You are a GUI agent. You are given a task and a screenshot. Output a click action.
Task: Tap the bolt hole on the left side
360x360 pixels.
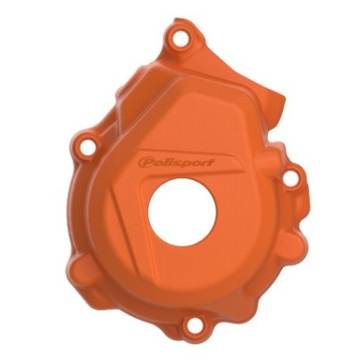pyautogui.click(x=88, y=147)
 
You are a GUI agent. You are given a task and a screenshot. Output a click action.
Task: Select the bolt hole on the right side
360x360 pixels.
pyautogui.click(x=291, y=178)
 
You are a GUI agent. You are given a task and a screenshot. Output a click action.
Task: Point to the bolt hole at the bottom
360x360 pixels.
pyautogui.click(x=194, y=325)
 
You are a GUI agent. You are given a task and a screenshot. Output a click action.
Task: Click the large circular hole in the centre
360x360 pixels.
pyautogui.click(x=182, y=212)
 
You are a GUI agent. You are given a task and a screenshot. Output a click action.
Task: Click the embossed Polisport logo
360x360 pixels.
pyautogui.click(x=176, y=163)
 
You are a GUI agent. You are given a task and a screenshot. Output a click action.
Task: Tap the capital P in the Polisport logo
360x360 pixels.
pyautogui.click(x=144, y=163)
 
